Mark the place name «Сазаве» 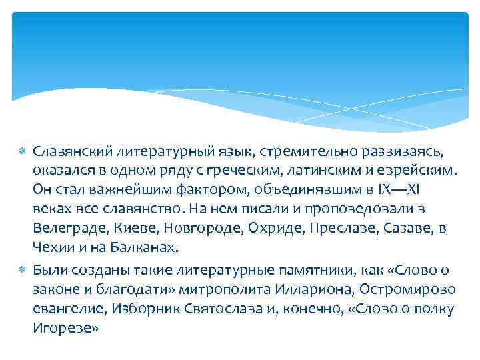tap(399, 227)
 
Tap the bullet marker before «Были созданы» tap(22, 270)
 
